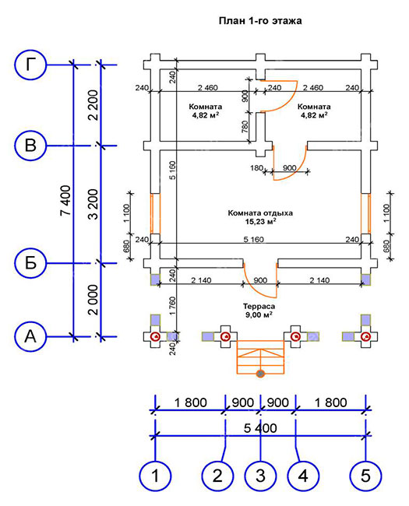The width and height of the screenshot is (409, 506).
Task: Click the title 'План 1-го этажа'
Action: coord(260,21)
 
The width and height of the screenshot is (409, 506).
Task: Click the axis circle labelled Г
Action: coord(30,65)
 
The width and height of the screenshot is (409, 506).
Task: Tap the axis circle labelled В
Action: coord(30,146)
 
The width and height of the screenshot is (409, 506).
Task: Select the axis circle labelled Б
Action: coord(30,263)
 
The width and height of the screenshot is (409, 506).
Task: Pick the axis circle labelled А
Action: coord(30,336)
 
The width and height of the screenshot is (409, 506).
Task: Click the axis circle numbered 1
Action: coord(155,476)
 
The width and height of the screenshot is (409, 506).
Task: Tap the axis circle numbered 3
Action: coord(260,476)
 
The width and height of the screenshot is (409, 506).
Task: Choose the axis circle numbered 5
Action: coord(365,476)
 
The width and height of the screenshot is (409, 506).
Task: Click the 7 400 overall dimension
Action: coord(65,200)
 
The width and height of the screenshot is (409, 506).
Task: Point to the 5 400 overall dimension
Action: coord(260,428)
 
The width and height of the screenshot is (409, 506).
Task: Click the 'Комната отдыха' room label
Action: coord(260,213)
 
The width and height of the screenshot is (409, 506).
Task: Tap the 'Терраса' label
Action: coord(259,306)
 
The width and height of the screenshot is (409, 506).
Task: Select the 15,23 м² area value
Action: coord(260,221)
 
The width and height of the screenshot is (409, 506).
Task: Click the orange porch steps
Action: coord(260,357)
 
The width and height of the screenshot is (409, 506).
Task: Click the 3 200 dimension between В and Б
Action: coord(93,204)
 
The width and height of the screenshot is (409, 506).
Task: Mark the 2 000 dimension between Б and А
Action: coord(93,300)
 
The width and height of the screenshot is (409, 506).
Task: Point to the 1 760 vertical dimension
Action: coord(172,306)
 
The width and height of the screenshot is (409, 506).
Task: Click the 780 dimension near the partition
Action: coord(245,126)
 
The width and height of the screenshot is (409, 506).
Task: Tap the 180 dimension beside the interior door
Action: coord(256,168)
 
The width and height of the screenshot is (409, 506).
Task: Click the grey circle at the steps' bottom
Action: coord(260,374)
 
